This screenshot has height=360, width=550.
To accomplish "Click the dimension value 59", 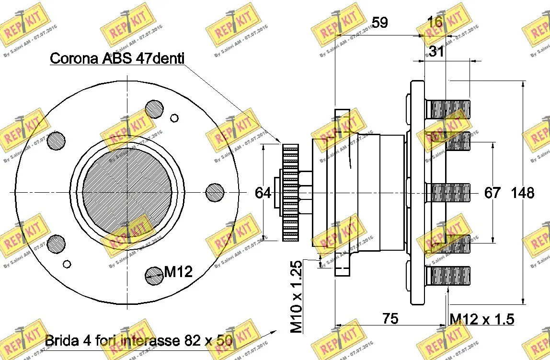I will coord(380,23).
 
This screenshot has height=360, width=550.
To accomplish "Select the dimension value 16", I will coord(435,23).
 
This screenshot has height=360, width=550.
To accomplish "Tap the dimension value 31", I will coord(436,51).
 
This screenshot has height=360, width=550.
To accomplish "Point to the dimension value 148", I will coord(523,193).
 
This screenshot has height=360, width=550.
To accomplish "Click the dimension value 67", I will coord(492,193).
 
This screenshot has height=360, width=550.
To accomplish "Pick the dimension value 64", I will coord(263,193).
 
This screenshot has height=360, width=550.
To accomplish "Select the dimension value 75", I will coord(391,318).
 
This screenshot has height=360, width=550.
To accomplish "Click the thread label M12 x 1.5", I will coord(481,319).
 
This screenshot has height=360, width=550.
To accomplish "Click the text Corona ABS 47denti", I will coord(117,58).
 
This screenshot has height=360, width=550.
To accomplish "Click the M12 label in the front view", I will coord(178,273).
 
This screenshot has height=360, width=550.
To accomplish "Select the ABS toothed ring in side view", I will coord(290,193).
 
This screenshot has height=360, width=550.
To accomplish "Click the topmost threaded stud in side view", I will coord(447,109).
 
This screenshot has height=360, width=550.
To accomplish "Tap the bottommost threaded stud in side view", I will coord(447,275).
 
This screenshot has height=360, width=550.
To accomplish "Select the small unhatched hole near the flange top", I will coord(174,118).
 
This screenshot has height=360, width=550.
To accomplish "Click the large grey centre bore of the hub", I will coord(126,192).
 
